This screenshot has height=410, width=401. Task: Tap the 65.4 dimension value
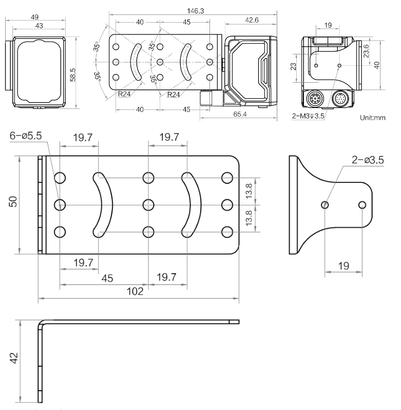(x=240, y=114)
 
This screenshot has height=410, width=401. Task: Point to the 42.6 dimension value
(x=252, y=21)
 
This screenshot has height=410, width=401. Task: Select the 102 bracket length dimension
(x=136, y=291)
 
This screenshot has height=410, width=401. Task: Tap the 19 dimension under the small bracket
(x=343, y=266)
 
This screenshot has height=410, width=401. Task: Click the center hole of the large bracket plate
(x=148, y=204)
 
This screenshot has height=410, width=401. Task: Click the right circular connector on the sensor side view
(x=340, y=99)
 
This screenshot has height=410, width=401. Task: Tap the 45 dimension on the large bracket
(x=107, y=278)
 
